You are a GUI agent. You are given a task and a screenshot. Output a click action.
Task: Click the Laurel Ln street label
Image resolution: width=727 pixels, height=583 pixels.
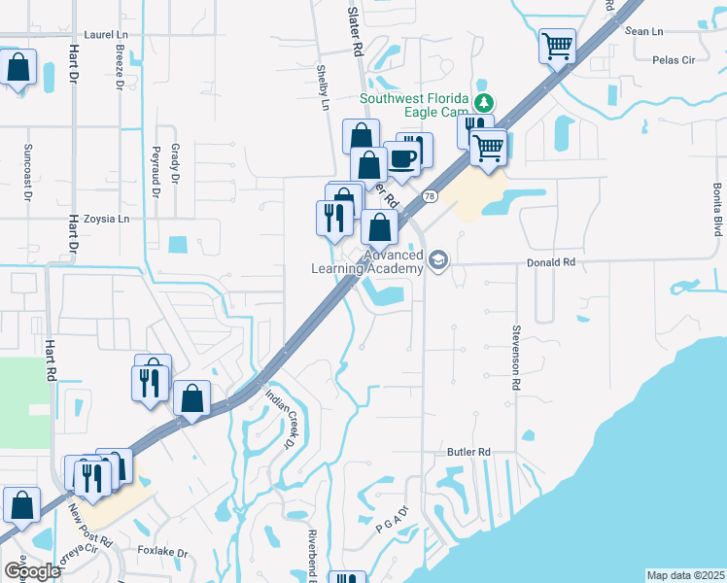pos(106,34)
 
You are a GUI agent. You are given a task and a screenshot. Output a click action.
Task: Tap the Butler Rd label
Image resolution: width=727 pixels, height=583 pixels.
pos(468,452)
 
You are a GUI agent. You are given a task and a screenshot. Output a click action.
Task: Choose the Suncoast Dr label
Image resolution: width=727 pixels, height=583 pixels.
pos(27,170)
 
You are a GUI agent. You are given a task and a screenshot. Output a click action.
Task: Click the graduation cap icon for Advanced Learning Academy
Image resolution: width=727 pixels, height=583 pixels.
pos(438,261)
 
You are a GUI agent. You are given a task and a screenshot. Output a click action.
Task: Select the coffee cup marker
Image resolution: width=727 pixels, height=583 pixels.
pos(401,157)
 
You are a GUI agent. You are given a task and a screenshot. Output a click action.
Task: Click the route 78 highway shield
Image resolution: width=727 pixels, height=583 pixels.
pos(429,197)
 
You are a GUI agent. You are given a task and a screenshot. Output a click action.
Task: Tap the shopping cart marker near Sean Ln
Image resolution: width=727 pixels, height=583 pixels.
pos(557,46)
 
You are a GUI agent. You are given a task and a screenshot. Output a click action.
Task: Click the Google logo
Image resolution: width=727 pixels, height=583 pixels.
pos(32,571)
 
